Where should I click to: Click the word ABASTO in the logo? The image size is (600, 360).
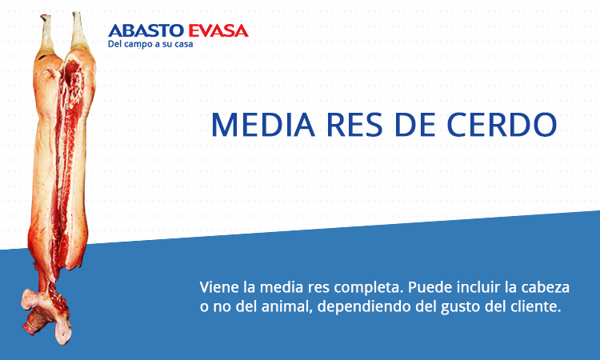[146, 30]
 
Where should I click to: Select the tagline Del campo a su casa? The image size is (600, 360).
[150, 44]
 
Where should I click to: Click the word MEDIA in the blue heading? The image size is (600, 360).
[263, 124]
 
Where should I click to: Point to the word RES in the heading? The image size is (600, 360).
[354, 124]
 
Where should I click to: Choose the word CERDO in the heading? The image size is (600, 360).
[502, 124]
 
